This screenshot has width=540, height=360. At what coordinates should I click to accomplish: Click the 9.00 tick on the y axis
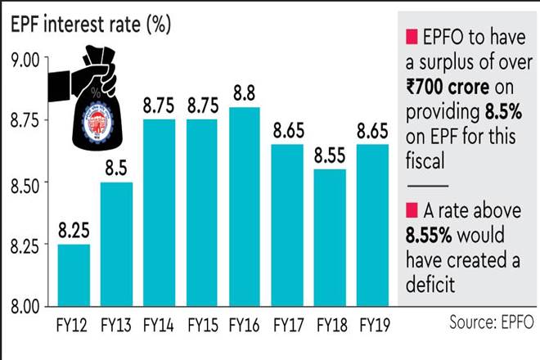tap(25, 59)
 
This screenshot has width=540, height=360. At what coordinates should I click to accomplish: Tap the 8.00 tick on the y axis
tap(25, 306)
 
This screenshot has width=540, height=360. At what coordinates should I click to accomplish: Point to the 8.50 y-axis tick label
tap(25, 182)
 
